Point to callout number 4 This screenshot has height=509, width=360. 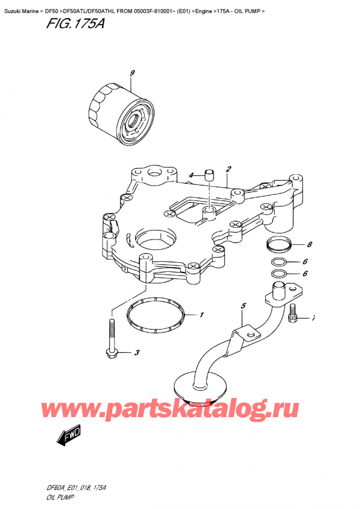click(191, 175)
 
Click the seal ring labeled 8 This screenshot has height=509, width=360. click(278, 245)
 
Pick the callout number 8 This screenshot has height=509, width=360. click(309, 244)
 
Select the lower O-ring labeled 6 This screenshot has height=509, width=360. click(278, 274)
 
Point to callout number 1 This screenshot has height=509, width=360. click(202, 315)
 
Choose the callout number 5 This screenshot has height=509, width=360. click(243, 306)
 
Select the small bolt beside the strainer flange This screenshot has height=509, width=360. click(293, 314)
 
